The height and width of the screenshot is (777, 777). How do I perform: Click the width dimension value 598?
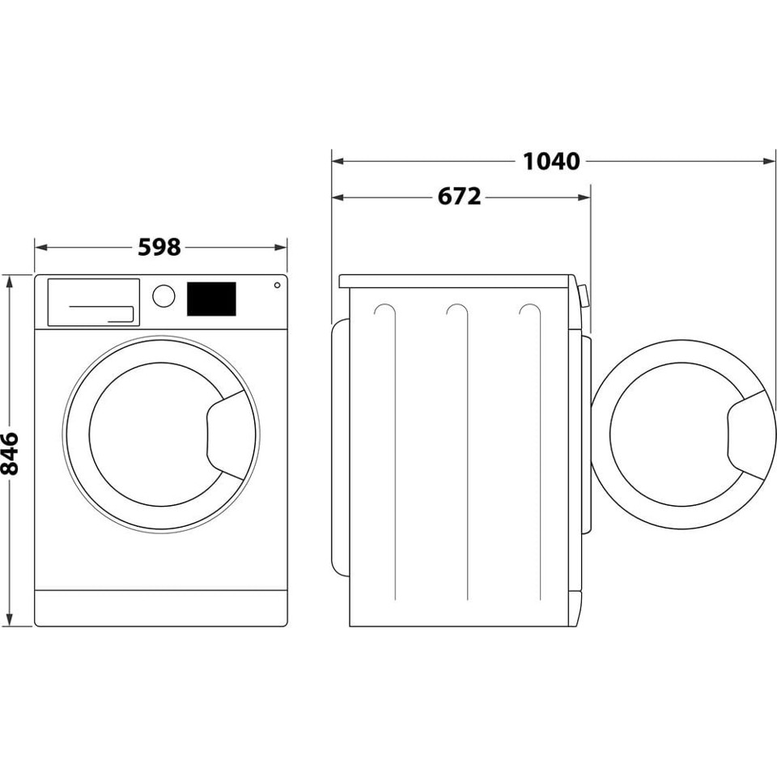(159, 247)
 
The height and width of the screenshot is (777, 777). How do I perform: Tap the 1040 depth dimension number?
(551, 161)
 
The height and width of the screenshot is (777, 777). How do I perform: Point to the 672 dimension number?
(460, 197)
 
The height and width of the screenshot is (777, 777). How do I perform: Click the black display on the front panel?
(211, 299)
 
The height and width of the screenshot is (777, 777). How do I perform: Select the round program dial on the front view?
(163, 295)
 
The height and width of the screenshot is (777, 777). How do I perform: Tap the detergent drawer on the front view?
(93, 302)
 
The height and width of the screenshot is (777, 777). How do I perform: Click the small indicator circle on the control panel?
(277, 285)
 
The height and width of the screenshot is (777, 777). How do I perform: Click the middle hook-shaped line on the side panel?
(458, 311)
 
